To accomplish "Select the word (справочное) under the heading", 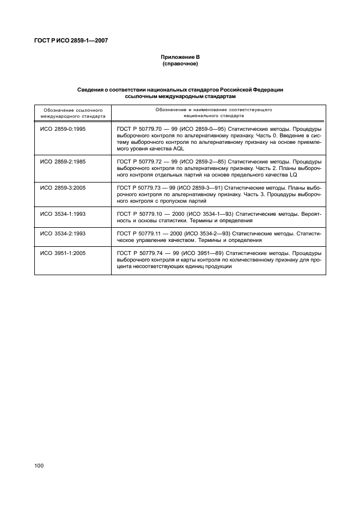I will coord(180,64).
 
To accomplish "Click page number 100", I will coord(39,465).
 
